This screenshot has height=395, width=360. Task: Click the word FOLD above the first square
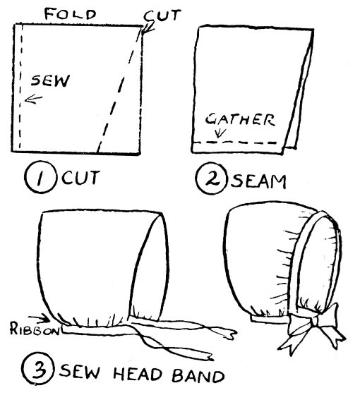71,14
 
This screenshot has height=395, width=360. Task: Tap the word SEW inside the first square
50,81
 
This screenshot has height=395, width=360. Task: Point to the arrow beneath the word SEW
34,99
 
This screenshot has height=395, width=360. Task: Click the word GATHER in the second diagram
240,119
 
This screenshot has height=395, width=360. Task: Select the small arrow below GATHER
220,133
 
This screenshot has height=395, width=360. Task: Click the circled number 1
40,176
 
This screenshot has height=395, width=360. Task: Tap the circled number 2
211,178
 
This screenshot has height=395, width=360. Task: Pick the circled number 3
38,370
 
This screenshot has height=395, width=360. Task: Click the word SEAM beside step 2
258,181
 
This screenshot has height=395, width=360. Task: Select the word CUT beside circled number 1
80,178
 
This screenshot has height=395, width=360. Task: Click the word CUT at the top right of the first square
162,16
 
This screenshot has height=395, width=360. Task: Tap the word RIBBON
35,329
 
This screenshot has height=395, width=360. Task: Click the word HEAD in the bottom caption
138,374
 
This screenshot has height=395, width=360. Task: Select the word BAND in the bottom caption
198,375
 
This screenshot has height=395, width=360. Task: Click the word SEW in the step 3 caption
80,371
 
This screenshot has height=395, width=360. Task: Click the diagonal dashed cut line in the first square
119,90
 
